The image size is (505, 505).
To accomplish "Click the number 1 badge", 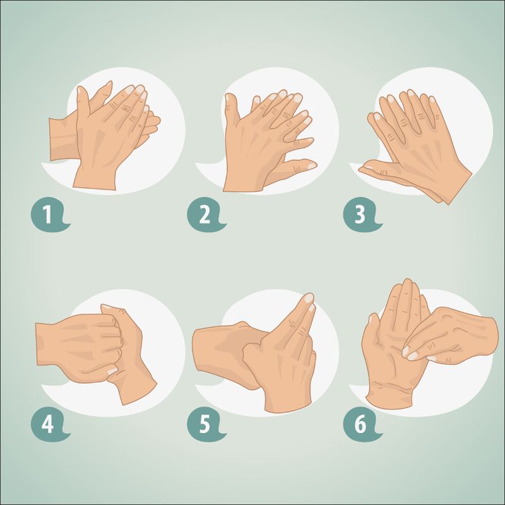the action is (x=49, y=215).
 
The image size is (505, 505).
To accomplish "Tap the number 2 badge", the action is (x=205, y=215).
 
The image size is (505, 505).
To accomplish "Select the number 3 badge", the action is (x=360, y=215).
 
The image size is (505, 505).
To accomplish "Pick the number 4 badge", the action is (x=49, y=424).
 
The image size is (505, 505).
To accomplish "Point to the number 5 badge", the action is (x=205, y=424).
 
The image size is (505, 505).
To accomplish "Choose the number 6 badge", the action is (x=360, y=424).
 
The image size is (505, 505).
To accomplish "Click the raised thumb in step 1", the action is (x=83, y=102).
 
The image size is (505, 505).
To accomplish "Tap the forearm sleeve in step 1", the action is (x=63, y=138).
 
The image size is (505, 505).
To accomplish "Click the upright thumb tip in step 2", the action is (x=230, y=98).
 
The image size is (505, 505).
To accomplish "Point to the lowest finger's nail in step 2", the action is (x=312, y=166).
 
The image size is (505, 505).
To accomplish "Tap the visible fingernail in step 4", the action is (x=113, y=371).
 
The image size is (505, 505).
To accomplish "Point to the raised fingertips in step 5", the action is (x=309, y=301).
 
